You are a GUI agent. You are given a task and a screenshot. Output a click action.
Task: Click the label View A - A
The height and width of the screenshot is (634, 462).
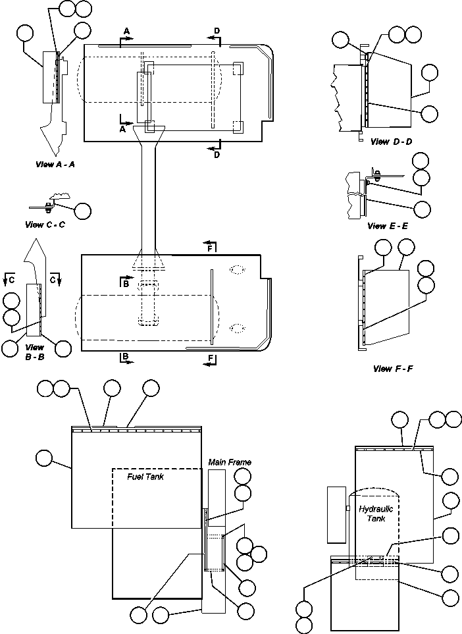pyautogui.click(x=55, y=164)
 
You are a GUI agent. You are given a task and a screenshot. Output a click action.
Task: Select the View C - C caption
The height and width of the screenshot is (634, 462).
pyautogui.click(x=45, y=225)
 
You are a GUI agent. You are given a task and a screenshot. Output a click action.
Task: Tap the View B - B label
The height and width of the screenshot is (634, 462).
pyautogui.click(x=34, y=351)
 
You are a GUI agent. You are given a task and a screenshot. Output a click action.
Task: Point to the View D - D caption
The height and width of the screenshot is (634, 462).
pyautogui.click(x=391, y=142)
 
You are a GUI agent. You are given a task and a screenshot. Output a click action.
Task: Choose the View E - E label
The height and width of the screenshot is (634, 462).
pyautogui.click(x=388, y=226)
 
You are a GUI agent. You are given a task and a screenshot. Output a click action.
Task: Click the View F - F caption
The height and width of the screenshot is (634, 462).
pyautogui.click(x=392, y=369)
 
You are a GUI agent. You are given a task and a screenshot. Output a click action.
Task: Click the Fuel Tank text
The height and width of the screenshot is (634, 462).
pyautogui.click(x=145, y=477)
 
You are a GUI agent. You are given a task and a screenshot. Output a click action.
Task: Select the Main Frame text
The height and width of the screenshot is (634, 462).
pyautogui.click(x=230, y=462)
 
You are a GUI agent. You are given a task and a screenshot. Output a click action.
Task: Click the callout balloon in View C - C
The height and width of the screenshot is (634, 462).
pyautogui.click(x=82, y=211)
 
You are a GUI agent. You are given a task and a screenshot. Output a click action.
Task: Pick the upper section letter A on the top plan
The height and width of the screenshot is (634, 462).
pyautogui.click(x=126, y=31)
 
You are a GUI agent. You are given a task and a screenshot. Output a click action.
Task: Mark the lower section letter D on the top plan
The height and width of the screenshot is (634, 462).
pyautogui.click(x=217, y=155)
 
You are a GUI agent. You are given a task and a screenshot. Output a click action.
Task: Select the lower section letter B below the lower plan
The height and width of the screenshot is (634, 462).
pyautogui.click(x=125, y=357)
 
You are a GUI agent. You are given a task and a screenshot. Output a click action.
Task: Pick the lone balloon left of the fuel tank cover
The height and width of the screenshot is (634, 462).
pyautogui.click(x=45, y=458)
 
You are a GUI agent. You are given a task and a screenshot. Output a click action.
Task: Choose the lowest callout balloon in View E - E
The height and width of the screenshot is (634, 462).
pyautogui.click(x=422, y=209)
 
